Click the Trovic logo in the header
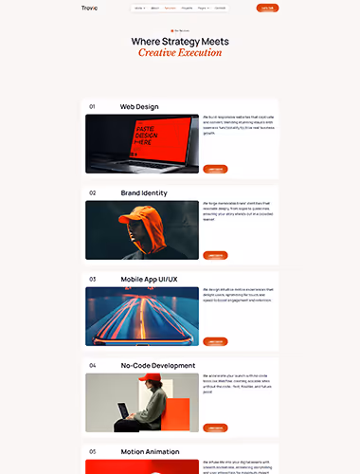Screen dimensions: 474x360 89,8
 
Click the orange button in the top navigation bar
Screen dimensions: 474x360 267,8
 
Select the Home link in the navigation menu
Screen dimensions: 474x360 139,8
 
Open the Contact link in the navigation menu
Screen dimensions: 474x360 220,8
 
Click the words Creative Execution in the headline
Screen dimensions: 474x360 179,53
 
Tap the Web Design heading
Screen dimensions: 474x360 138,106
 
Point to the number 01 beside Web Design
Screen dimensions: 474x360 92,106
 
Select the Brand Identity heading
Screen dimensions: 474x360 144,192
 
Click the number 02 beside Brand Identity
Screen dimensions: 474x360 93,192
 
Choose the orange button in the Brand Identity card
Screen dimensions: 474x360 215,255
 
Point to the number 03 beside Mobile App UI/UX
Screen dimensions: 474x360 93,279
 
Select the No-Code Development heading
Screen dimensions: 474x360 157,365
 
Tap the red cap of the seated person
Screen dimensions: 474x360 144,378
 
